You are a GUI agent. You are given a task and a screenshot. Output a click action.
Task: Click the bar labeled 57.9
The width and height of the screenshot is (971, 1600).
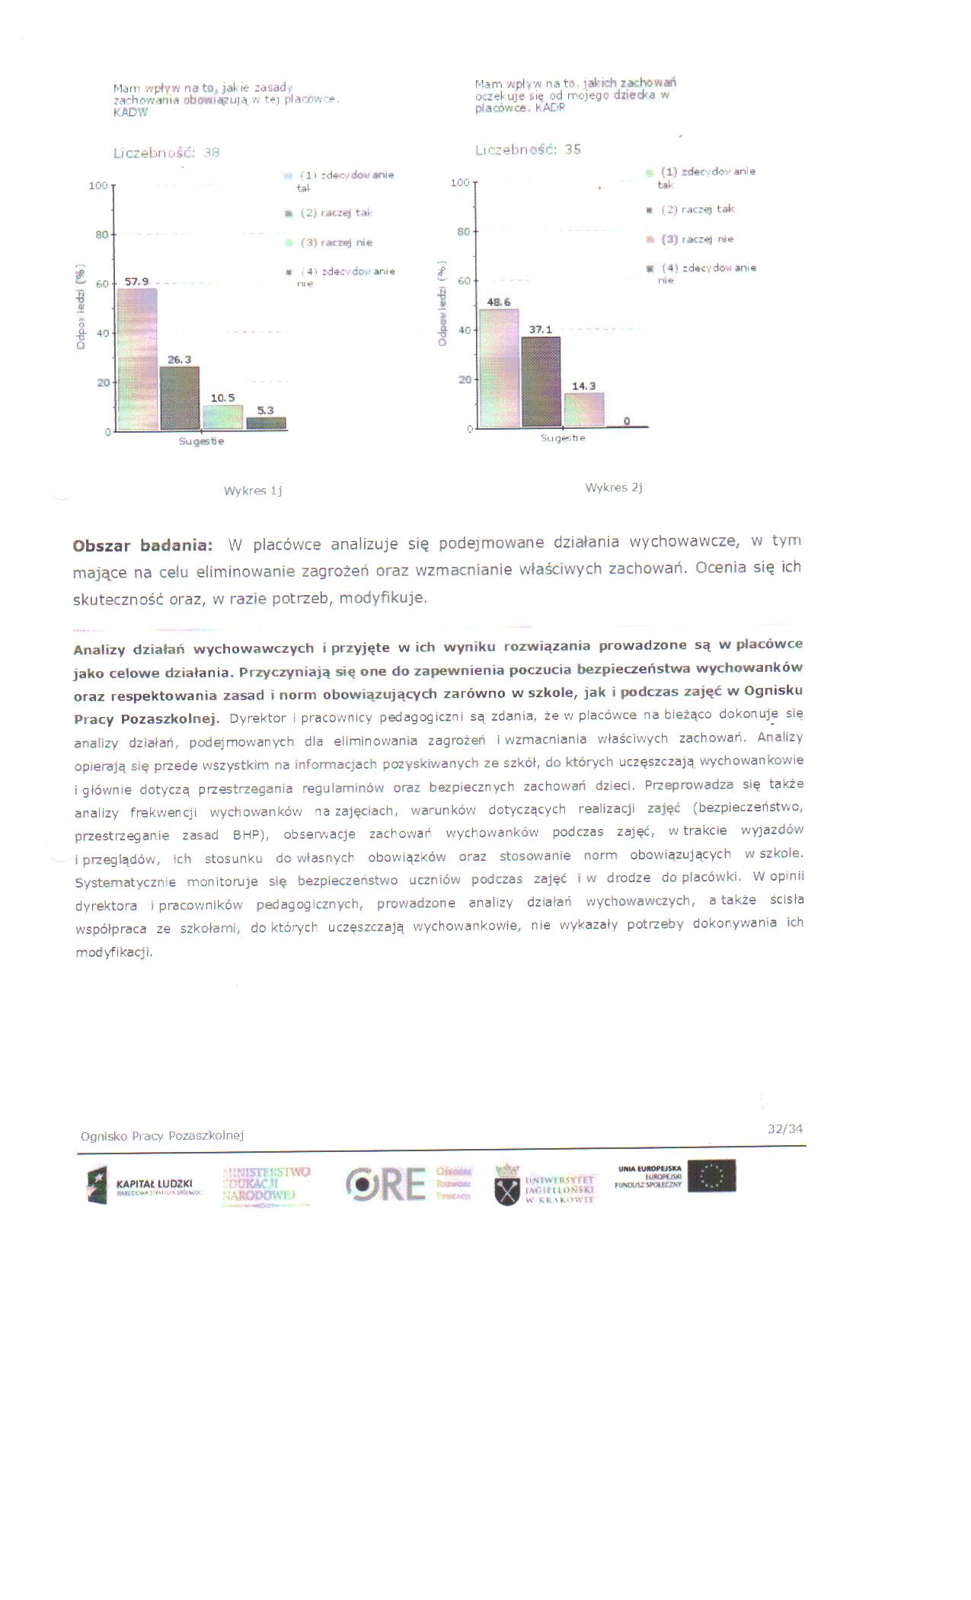pyautogui.click(x=137, y=358)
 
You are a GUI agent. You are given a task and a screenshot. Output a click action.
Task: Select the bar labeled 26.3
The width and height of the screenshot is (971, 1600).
pyautogui.click(x=180, y=398)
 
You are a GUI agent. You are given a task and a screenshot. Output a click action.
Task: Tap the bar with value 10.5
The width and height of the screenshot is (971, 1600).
pyautogui.click(x=222, y=417)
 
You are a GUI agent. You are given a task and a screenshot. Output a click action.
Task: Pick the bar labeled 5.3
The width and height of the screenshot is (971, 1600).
pyautogui.click(x=266, y=423)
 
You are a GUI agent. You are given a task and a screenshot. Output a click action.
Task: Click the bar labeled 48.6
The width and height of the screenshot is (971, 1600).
pyautogui.click(x=499, y=368)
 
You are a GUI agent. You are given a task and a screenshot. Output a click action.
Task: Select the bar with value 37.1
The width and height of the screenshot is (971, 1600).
pyautogui.click(x=541, y=382)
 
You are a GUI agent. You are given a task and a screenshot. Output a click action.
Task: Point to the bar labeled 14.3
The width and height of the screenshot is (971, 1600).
pyautogui.click(x=584, y=410)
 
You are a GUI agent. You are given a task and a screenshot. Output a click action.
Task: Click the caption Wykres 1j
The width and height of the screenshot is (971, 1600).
pyautogui.click(x=253, y=491)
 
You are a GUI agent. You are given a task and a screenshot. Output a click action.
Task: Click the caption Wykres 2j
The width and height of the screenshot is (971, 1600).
pyautogui.click(x=614, y=488)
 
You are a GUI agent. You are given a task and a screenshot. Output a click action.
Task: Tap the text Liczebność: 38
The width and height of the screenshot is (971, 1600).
pyautogui.click(x=166, y=152)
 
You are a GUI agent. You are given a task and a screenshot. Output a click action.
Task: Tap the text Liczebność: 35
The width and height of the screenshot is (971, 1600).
pyautogui.click(x=528, y=149)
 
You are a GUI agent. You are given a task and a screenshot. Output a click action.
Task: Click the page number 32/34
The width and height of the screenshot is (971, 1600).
pyautogui.click(x=785, y=1128)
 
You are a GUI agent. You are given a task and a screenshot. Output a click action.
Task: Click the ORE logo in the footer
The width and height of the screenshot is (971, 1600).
pyautogui.click(x=385, y=1183)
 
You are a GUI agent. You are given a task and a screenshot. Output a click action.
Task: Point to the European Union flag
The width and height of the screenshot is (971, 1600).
pyautogui.click(x=711, y=1176)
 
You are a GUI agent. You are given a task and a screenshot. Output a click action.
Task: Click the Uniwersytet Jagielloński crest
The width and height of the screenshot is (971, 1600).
pyautogui.click(x=507, y=1186)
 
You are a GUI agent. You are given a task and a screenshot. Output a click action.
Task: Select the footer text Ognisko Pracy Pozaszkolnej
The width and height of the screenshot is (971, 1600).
pyautogui.click(x=161, y=1135)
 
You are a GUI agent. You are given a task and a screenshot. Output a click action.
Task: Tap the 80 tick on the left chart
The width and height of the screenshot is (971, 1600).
pyautogui.click(x=102, y=235)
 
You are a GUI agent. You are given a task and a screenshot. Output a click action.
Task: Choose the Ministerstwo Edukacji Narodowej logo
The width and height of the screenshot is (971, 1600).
pyautogui.click(x=267, y=1184)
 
